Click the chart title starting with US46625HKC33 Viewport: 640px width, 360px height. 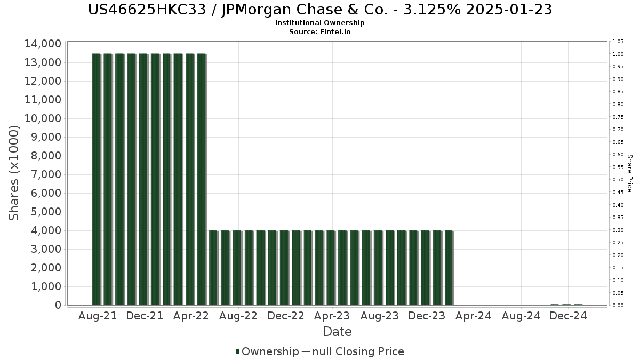[320, 10]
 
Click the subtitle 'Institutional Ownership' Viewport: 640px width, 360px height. [319, 23]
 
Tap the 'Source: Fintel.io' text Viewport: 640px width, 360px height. [319, 31]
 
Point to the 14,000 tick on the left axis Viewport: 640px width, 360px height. [43, 44]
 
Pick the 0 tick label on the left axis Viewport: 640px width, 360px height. [58, 305]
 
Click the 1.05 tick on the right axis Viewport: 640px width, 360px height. [618, 42]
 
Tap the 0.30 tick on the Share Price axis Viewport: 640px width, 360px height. [618, 230]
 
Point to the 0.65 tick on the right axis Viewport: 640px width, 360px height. [618, 142]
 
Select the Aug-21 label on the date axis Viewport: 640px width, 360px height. [98, 316]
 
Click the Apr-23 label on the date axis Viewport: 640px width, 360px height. [332, 316]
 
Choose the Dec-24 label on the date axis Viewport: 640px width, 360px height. [568, 316]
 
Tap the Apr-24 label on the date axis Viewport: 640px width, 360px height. [474, 316]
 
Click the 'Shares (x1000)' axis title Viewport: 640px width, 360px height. [13, 173]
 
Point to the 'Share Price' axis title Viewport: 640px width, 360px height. [629, 173]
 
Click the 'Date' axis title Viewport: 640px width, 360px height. [337, 332]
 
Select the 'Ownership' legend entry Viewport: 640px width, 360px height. [267, 351]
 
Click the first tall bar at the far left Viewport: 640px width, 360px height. [96, 179]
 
